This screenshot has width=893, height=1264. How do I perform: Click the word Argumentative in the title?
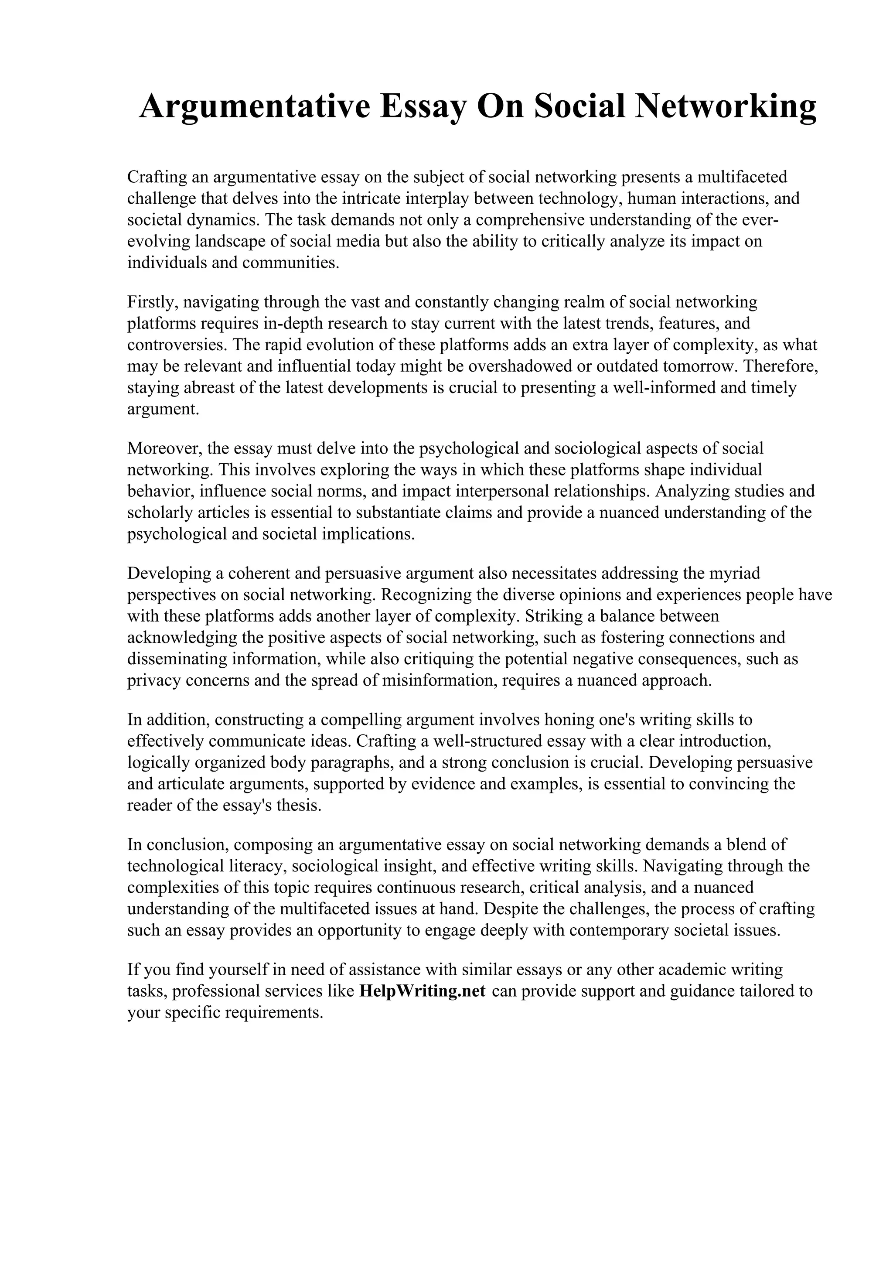click(255, 107)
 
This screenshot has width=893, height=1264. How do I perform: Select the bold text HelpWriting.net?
click(422, 991)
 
